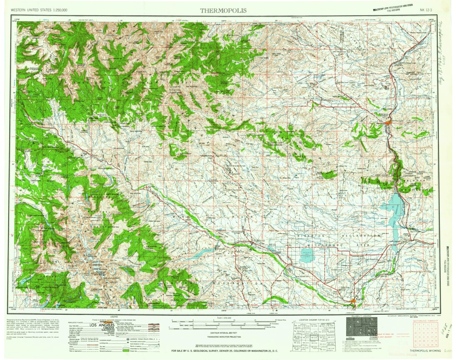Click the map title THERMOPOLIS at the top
pyautogui.click(x=223, y=10)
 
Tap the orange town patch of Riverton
pyautogui.click(x=353, y=300)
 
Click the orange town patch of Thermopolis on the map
pyautogui.click(x=388, y=123)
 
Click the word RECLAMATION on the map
pyautogui.click(x=360, y=236)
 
